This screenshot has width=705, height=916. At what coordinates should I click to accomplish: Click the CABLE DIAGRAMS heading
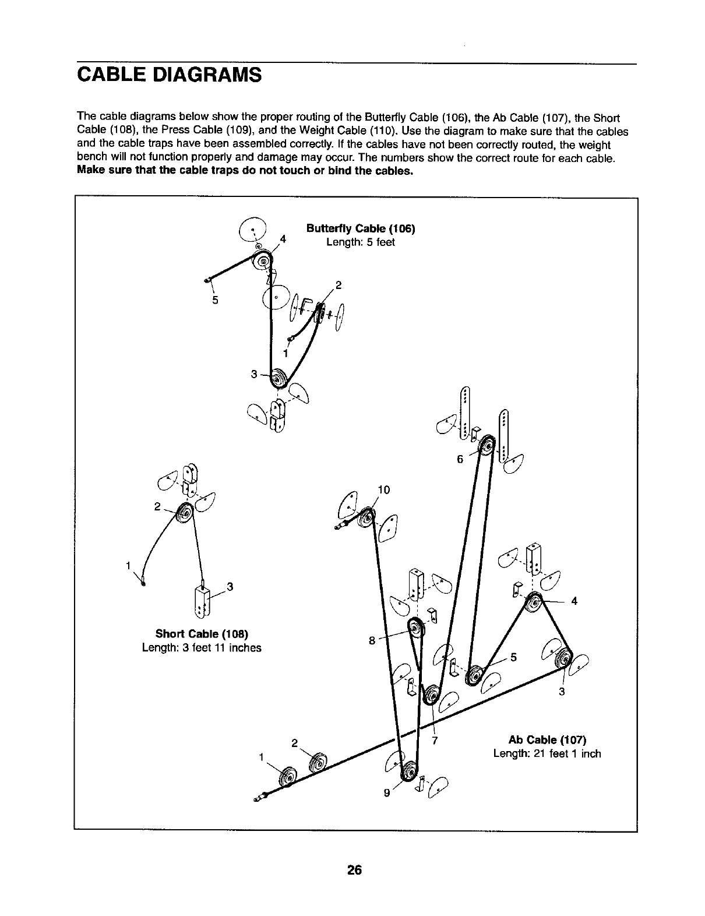click(169, 76)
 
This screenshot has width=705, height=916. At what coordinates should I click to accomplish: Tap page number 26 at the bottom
click(354, 871)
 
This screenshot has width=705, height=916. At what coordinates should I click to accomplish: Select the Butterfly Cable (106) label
click(361, 228)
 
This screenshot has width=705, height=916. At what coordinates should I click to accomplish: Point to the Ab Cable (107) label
click(547, 740)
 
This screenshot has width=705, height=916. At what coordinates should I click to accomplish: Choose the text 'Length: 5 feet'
click(361, 242)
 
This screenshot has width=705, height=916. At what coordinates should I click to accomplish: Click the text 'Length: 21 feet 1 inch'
click(547, 753)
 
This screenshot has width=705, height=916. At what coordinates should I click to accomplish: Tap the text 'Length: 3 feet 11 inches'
click(202, 647)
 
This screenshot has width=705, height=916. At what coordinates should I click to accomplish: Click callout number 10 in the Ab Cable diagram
click(383, 490)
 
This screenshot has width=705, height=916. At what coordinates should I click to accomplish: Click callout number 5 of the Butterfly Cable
click(215, 301)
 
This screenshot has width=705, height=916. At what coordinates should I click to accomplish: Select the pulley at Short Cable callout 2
click(186, 512)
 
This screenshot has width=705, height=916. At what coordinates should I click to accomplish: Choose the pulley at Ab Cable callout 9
click(409, 770)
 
